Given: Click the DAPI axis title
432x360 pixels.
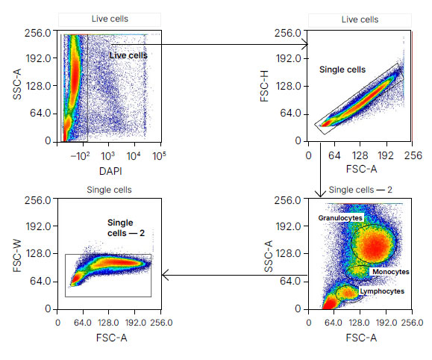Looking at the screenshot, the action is (110, 171).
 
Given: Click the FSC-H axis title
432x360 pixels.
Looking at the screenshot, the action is (264, 86).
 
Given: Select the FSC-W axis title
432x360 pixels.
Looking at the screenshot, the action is (17, 255).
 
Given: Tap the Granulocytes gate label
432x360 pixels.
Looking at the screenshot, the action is (340, 218).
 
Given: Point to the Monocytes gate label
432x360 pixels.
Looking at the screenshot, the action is (391, 272).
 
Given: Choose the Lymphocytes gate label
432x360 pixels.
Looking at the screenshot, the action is (382, 291).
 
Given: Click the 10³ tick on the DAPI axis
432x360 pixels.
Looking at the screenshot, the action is (107, 156).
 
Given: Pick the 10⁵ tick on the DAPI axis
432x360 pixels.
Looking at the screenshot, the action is (159, 156).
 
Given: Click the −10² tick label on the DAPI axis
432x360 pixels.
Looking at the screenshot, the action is (80, 156).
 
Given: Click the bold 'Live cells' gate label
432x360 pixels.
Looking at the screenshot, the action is (128, 55).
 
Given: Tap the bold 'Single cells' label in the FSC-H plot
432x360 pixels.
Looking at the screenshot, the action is (342, 69).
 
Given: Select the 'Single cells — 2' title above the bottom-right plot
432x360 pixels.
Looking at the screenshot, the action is (360, 190).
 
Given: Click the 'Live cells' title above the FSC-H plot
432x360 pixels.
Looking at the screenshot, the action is (360, 19).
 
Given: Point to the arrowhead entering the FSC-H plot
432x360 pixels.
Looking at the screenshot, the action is (306, 44).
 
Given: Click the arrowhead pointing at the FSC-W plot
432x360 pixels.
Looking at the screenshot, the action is (165, 275).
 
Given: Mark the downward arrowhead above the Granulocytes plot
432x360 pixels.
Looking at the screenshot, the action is (320, 193).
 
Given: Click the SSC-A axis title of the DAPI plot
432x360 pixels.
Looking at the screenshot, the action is (17, 84).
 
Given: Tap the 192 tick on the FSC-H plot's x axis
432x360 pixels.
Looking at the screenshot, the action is (386, 155).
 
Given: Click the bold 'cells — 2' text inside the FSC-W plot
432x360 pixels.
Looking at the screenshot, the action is (126, 233).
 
